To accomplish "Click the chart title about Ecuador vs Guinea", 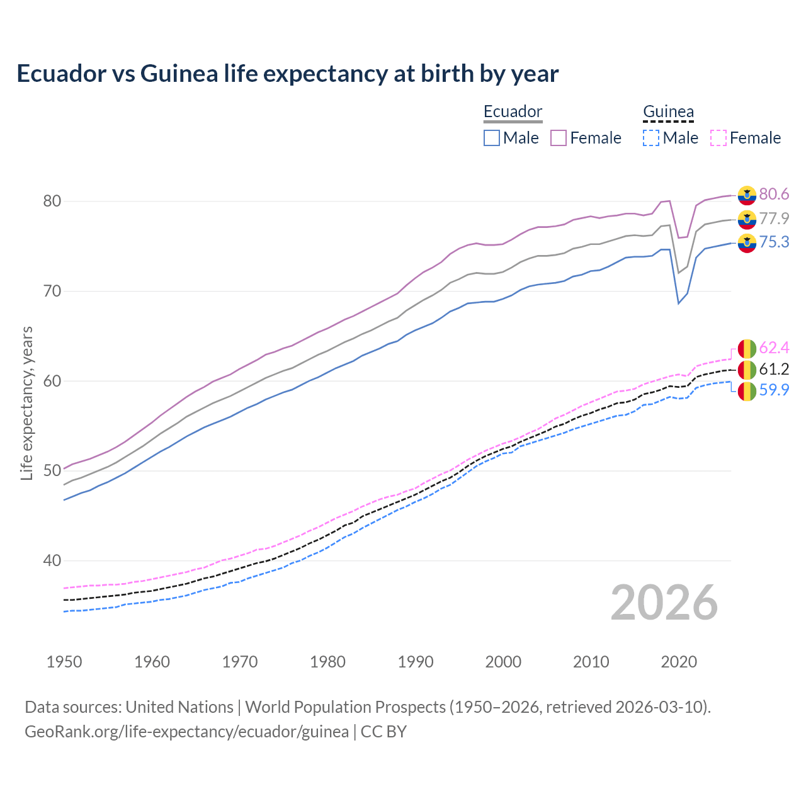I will point(287,74).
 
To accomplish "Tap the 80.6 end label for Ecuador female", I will point(774,195).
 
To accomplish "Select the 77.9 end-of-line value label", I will point(774,219).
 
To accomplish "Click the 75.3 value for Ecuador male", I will point(774,242).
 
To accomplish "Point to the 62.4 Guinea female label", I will point(774,348).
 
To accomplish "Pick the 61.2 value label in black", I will point(774,369).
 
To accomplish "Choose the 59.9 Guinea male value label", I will point(774,390).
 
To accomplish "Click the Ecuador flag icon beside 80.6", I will point(747,195).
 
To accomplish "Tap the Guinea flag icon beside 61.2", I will point(747,370).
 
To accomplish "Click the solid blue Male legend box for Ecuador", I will point(492,138).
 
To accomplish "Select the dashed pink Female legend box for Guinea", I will point(718,138).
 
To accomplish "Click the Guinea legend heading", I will point(668,112).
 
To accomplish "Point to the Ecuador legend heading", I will point(513,112).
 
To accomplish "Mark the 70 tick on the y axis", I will point(52,292).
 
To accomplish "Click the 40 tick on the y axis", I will point(52,561).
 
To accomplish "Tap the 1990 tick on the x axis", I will point(416,662).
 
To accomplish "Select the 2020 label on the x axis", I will point(679,662).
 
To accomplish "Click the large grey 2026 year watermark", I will point(664,603).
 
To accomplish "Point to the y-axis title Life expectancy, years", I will point(26,403).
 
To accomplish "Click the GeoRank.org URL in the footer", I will point(186,732).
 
